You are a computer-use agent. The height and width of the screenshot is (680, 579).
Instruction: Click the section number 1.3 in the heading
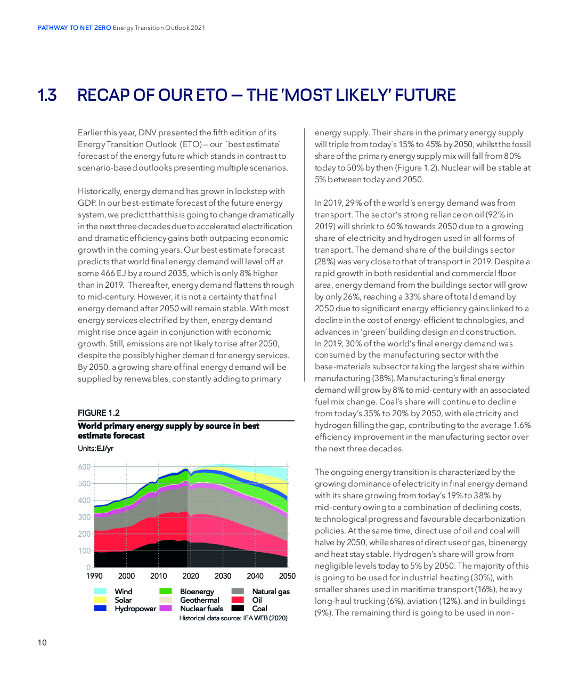coord(47,95)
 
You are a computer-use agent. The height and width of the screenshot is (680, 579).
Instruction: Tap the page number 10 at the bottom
coord(42,643)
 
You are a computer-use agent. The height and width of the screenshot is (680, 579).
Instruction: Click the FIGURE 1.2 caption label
coord(99,413)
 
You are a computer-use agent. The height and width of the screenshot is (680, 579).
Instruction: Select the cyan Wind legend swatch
coord(100,591)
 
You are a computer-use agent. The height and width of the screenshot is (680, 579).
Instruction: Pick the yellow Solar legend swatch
coord(100,600)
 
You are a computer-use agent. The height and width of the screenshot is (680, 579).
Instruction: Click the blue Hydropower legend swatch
coord(100,608)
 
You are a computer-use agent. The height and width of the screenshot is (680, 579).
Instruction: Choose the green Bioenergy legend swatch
coord(165,591)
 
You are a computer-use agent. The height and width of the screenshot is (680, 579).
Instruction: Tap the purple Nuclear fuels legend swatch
coord(165,608)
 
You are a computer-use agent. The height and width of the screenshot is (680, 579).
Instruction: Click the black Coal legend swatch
coord(238,608)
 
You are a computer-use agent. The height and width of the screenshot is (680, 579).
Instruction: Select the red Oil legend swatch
coord(238,600)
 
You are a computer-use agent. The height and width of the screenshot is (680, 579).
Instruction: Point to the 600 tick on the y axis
coord(84,467)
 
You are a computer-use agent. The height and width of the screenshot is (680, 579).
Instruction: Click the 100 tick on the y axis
coord(84,551)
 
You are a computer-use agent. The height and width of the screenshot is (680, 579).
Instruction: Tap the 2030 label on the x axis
coord(223,576)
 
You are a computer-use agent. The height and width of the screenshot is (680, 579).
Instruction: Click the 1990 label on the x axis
coord(94,576)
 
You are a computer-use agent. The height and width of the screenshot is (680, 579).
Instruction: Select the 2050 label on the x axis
coord(287,576)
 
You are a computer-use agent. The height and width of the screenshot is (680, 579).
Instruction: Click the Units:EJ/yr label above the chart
coord(95,448)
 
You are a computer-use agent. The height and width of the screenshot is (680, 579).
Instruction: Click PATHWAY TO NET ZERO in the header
coord(75,28)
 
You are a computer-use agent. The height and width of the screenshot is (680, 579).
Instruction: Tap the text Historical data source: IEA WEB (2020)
coord(233,618)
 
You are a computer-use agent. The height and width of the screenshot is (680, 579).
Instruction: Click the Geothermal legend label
coord(200,600)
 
